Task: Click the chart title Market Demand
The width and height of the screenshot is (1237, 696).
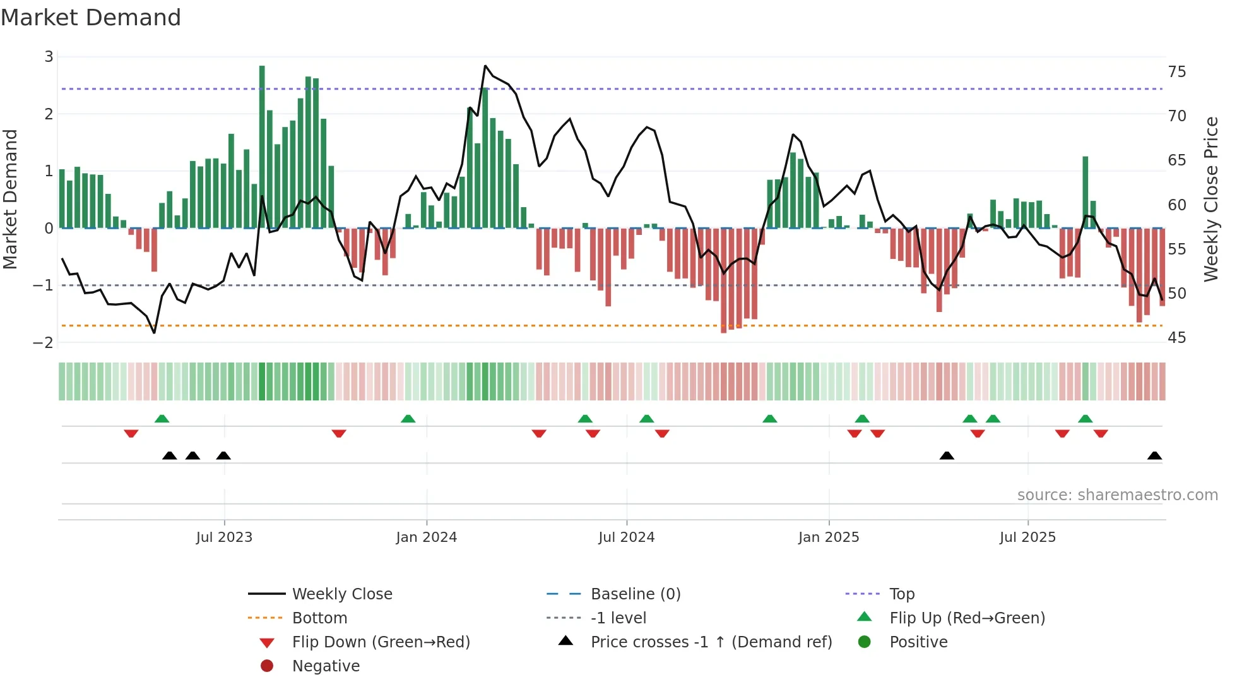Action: (91, 18)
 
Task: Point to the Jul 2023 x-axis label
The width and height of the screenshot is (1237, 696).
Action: (224, 537)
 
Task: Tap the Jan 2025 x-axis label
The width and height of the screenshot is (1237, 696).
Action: (828, 537)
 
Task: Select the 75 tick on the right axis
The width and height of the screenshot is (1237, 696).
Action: (1176, 71)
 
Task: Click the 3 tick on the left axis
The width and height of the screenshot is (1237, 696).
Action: (49, 57)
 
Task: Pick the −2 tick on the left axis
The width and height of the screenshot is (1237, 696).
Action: (44, 342)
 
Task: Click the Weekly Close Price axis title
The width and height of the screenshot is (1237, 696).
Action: (1210, 199)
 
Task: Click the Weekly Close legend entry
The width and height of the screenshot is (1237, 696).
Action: (341, 594)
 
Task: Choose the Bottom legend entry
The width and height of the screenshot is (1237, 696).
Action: (319, 618)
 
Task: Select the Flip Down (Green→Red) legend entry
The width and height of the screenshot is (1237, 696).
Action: (381, 642)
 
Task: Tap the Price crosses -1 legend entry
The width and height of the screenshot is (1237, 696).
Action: (711, 642)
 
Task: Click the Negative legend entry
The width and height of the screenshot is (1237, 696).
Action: (326, 666)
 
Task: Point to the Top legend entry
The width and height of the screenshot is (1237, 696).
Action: (901, 594)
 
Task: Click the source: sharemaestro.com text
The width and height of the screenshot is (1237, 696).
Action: (1117, 495)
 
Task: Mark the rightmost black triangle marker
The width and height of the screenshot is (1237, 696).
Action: (1154, 455)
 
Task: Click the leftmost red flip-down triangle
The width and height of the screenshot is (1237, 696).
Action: (131, 433)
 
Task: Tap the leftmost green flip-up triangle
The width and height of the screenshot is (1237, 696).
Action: (162, 418)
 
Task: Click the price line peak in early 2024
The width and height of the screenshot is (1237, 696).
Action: (485, 66)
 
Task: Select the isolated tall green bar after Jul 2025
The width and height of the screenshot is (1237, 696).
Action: (1086, 192)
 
